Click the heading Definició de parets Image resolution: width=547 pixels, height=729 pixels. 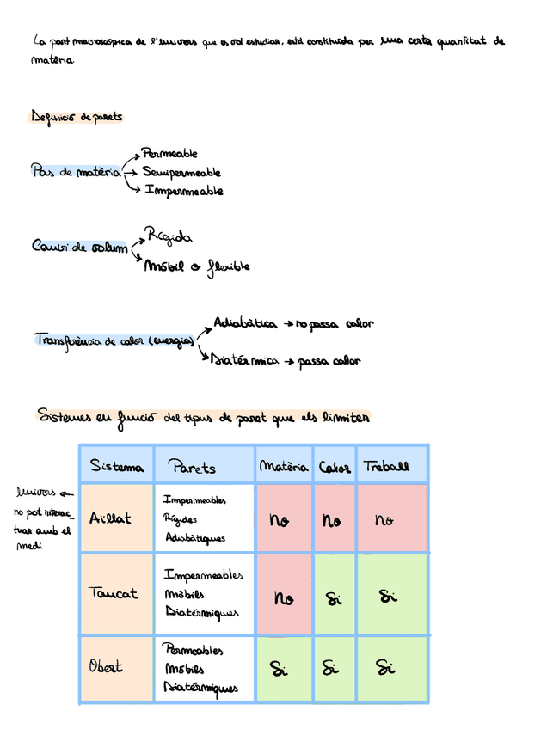tap(77, 117)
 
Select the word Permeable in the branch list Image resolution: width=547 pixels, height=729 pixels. tap(169, 154)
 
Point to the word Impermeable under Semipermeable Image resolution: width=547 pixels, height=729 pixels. tap(184, 191)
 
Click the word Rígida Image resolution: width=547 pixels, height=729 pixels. tap(169, 236)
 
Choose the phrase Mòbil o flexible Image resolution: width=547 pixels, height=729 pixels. tap(197, 266)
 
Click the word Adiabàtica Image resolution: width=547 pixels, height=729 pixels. tap(245, 324)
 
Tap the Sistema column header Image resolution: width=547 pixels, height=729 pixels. tap(117, 467)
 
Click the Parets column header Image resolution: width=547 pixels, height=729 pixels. tap(192, 467)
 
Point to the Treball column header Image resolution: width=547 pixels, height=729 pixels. tap(386, 467)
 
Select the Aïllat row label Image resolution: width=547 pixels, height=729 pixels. tap(111, 518)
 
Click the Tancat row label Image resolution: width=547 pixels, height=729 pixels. tap(113, 593)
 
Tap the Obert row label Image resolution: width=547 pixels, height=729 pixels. tap(106, 667)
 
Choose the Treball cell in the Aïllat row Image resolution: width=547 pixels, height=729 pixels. tap(384, 519)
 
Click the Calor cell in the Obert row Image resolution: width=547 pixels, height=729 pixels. tap(333, 668)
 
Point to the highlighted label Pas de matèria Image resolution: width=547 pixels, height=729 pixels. tap(76, 172)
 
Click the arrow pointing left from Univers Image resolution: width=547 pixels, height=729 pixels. tap(67, 494)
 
